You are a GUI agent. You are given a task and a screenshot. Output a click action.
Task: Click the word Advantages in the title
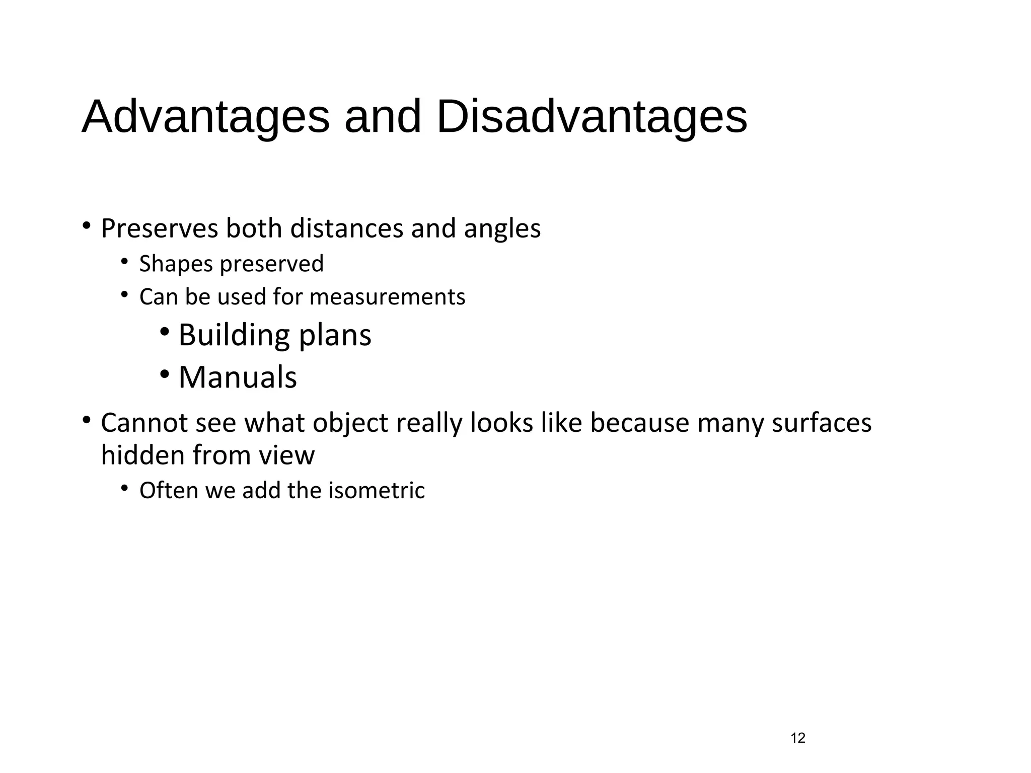(205, 117)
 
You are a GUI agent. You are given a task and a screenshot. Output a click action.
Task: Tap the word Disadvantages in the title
(592, 117)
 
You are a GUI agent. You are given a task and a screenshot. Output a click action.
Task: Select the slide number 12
(798, 738)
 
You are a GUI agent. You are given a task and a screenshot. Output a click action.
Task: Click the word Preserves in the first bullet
(160, 228)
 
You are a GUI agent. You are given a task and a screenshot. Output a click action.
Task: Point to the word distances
(347, 228)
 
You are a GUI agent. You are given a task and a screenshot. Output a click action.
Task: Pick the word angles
(502, 229)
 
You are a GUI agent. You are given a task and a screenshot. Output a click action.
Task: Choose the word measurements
(387, 297)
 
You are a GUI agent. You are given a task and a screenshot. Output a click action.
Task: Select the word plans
(335, 336)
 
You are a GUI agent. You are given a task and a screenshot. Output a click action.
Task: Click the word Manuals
(238, 377)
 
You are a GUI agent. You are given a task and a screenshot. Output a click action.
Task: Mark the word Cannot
(144, 423)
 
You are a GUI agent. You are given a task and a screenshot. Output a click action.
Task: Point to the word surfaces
(822, 423)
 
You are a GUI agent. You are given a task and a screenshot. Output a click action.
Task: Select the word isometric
(377, 491)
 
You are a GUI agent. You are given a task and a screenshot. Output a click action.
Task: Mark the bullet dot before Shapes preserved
(124, 261)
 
